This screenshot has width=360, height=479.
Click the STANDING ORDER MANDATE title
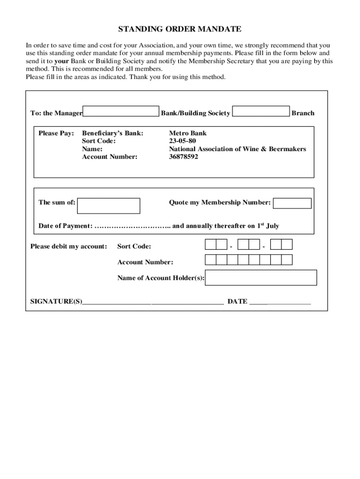pos(180,29)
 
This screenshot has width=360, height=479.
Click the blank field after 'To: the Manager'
pos(121,111)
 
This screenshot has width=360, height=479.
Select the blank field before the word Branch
pos(261,111)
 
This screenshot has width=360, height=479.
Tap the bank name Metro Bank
pos(187,133)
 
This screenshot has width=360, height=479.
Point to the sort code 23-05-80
pos(182,141)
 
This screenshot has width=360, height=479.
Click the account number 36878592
pos(183,157)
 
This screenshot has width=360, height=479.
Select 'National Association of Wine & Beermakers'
pos(238,149)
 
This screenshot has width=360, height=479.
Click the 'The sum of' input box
pos(108,205)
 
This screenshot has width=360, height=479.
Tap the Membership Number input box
pos(292,203)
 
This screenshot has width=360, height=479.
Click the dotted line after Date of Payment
pos(132,226)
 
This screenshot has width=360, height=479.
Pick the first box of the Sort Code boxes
pos(210,244)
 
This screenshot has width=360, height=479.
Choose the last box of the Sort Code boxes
pos(287,244)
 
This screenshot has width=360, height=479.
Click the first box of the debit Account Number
pos(210,260)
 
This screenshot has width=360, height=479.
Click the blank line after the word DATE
pos(280,302)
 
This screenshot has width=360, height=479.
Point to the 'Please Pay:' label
pos(56,133)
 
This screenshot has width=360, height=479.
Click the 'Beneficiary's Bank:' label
pos(113,133)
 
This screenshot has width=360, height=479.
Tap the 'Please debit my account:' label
pos(69,246)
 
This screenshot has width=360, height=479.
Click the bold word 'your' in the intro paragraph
pos(62,61)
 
